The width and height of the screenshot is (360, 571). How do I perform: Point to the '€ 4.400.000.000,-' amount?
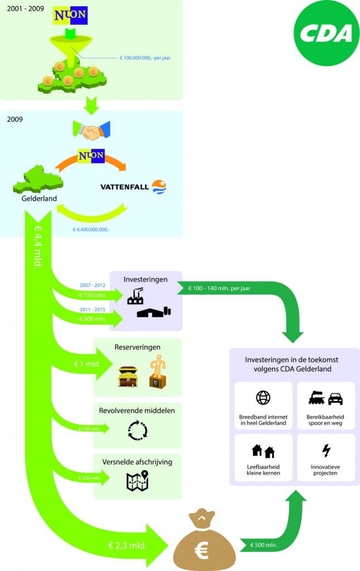[91, 229]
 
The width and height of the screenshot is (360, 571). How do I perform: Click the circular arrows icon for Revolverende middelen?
[137, 430]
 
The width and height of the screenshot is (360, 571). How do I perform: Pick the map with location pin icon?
[137, 481]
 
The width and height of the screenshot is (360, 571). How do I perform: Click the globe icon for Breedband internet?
[263, 398]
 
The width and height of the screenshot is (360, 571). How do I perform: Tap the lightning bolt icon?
[326, 450]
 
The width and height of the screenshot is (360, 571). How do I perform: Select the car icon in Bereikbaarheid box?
[335, 399]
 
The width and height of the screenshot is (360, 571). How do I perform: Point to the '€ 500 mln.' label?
[264, 545]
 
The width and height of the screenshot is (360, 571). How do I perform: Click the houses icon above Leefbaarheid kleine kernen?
[263, 451]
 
